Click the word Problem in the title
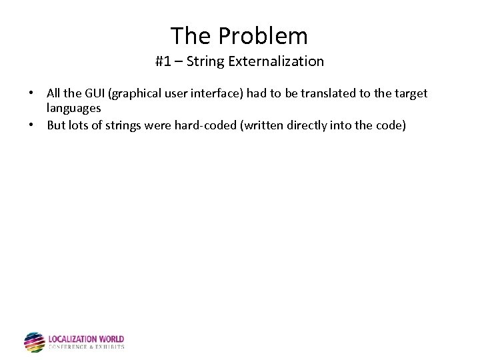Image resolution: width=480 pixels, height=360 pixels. coord(268,35)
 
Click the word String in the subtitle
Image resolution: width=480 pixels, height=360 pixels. coord(206,62)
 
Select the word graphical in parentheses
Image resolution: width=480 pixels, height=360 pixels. coord(141,94)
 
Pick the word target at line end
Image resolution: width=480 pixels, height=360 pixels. coord(411,94)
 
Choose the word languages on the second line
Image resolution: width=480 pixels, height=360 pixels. coord(74,107)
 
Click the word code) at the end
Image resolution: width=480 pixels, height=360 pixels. coord(389,125)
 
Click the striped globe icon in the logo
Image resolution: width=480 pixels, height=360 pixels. coord(34,342)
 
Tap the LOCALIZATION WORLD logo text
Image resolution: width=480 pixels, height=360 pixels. coord(86,339)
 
